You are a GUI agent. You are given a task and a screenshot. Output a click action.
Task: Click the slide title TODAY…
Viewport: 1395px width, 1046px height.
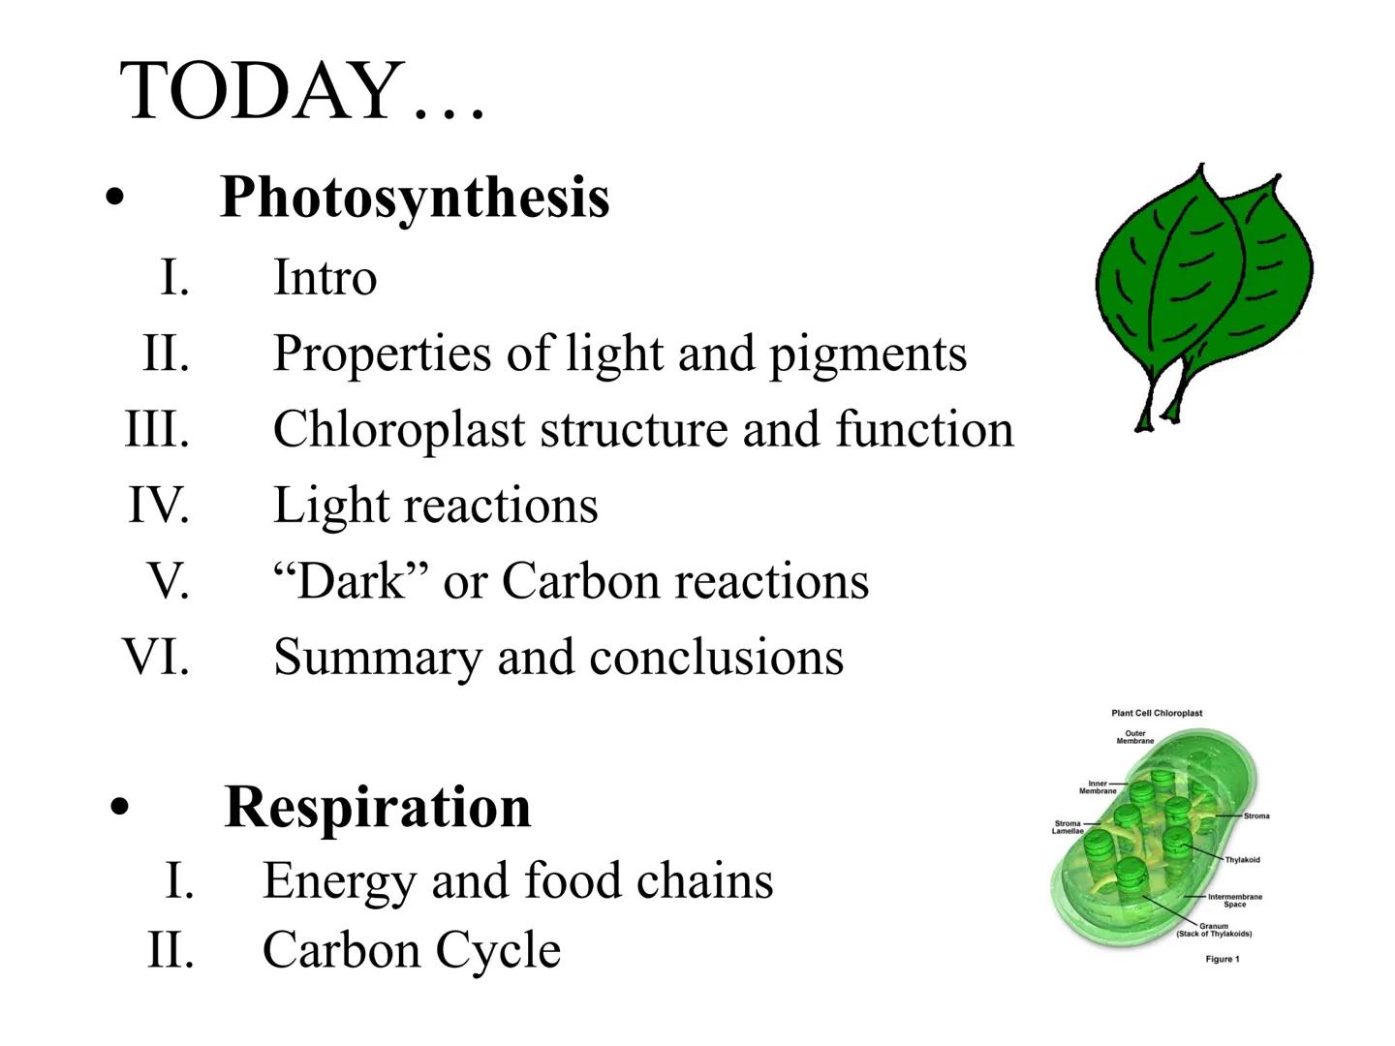click(x=302, y=90)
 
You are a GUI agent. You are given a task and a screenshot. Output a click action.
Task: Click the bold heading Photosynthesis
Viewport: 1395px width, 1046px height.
click(x=415, y=197)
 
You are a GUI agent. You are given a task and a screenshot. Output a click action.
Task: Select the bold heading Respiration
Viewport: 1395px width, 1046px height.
click(x=378, y=807)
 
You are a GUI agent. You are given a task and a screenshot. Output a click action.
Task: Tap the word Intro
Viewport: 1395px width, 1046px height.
click(x=325, y=277)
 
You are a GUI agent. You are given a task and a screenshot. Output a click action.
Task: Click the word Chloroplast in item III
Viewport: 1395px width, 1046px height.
click(x=398, y=429)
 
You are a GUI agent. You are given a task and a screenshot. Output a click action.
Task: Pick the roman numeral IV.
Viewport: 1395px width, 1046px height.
click(x=158, y=505)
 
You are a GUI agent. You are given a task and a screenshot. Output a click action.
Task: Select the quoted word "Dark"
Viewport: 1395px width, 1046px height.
click(x=351, y=581)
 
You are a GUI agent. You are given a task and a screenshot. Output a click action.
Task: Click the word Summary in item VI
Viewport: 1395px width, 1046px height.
click(x=377, y=657)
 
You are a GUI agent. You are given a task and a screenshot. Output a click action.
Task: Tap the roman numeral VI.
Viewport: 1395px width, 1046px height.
click(x=155, y=657)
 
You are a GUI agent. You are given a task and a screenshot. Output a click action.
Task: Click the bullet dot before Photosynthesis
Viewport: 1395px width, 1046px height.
click(x=116, y=199)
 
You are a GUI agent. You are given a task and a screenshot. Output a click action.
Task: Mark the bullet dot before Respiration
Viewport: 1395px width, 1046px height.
click(x=120, y=808)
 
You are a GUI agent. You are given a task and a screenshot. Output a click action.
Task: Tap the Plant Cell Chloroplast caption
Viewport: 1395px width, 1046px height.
click(x=1157, y=713)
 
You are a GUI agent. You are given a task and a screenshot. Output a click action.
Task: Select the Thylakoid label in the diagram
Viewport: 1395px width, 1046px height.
click(x=1242, y=860)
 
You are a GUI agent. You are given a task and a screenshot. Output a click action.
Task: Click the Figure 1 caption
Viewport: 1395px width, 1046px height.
click(x=1222, y=959)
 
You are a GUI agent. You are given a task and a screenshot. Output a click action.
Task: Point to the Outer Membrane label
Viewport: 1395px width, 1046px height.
click(x=1134, y=737)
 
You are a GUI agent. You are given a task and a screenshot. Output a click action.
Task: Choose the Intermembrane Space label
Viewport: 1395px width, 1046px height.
click(x=1234, y=901)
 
